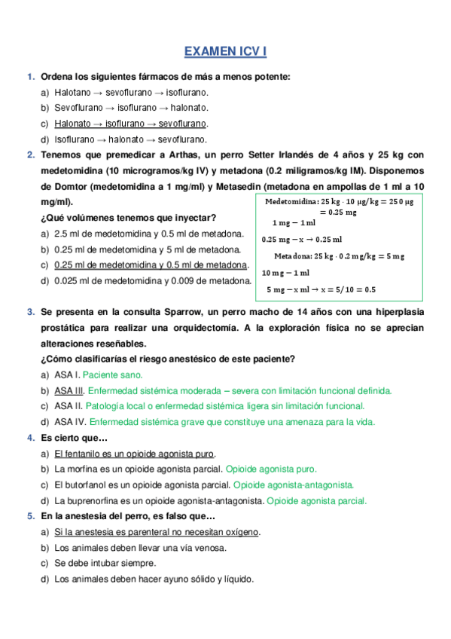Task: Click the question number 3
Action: click(x=30, y=311)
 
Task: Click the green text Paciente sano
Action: click(x=112, y=375)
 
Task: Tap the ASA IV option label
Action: click(x=69, y=422)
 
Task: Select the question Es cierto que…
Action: click(x=74, y=438)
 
